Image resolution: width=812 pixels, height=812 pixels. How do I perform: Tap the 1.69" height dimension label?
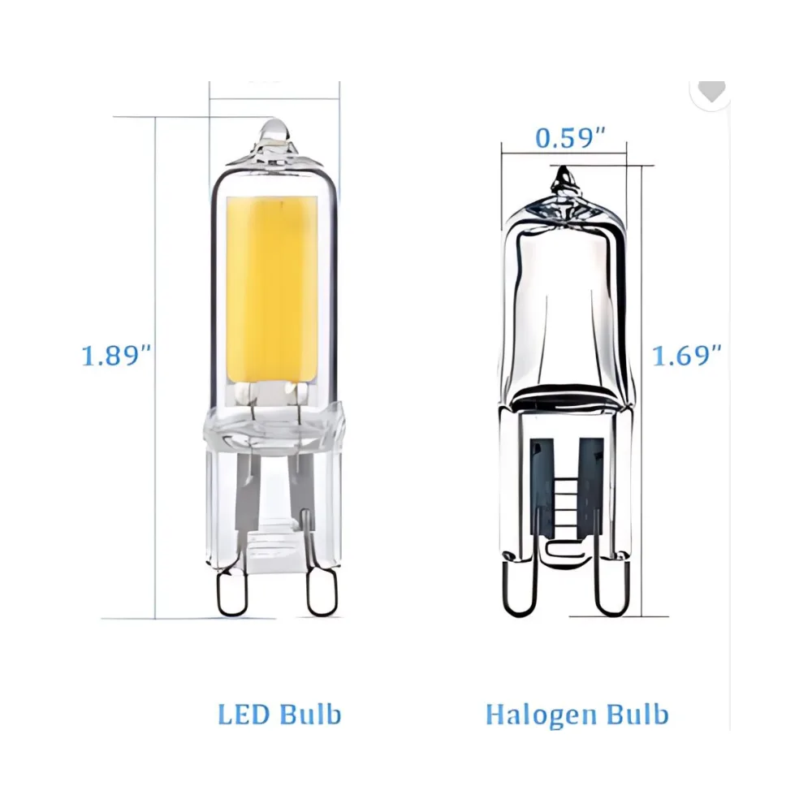pyautogui.click(x=687, y=356)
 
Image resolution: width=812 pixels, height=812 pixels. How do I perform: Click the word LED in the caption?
pyautogui.click(x=244, y=715)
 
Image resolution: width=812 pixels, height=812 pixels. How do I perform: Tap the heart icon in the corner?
pyautogui.click(x=712, y=91)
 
